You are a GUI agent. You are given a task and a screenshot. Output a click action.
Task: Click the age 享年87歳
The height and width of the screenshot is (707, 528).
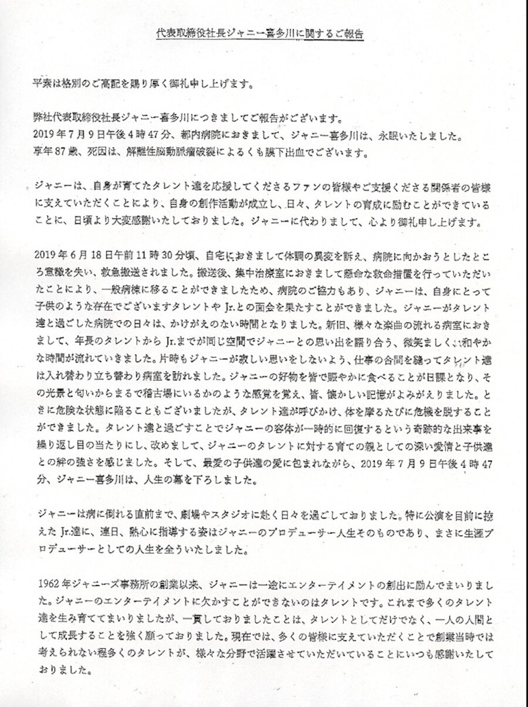pos(55,156)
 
